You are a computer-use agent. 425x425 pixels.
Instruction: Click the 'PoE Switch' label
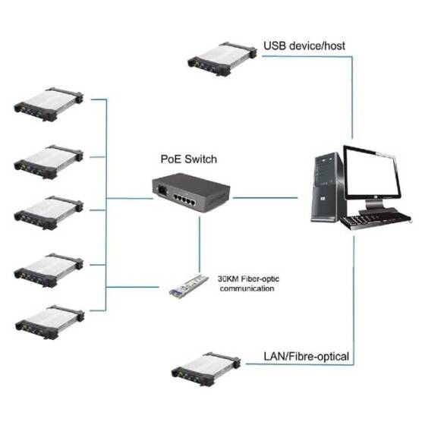tap(188, 159)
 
